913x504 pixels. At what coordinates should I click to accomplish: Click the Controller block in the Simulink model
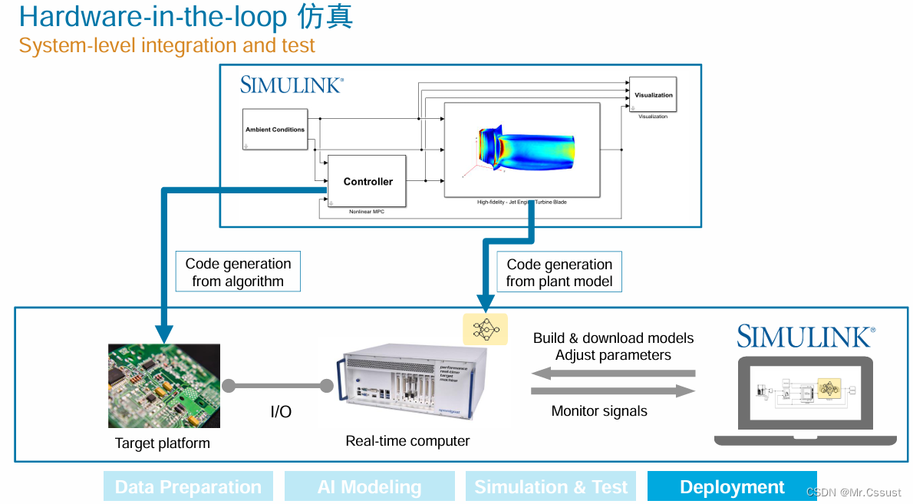click(x=367, y=181)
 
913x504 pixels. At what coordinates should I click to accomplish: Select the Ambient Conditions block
click(x=275, y=130)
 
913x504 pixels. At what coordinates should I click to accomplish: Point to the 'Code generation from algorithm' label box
click(x=238, y=272)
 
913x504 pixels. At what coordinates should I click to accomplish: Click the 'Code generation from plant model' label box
click(x=559, y=273)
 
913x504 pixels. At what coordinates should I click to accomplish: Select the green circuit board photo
click(x=164, y=386)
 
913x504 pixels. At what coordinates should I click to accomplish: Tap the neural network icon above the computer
click(x=485, y=328)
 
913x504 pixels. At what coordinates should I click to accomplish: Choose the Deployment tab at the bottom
click(x=732, y=487)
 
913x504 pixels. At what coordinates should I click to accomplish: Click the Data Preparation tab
click(x=188, y=487)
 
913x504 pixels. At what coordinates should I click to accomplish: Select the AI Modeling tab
click(x=369, y=487)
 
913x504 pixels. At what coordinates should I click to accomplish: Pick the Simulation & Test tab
click(x=551, y=487)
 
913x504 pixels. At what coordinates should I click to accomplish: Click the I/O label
click(x=281, y=412)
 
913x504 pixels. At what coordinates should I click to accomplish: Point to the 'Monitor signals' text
click(x=599, y=411)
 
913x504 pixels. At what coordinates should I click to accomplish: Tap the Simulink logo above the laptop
click(x=806, y=337)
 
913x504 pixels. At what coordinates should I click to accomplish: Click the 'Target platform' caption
click(x=162, y=443)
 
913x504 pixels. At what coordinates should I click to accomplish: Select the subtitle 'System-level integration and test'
click(x=166, y=46)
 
